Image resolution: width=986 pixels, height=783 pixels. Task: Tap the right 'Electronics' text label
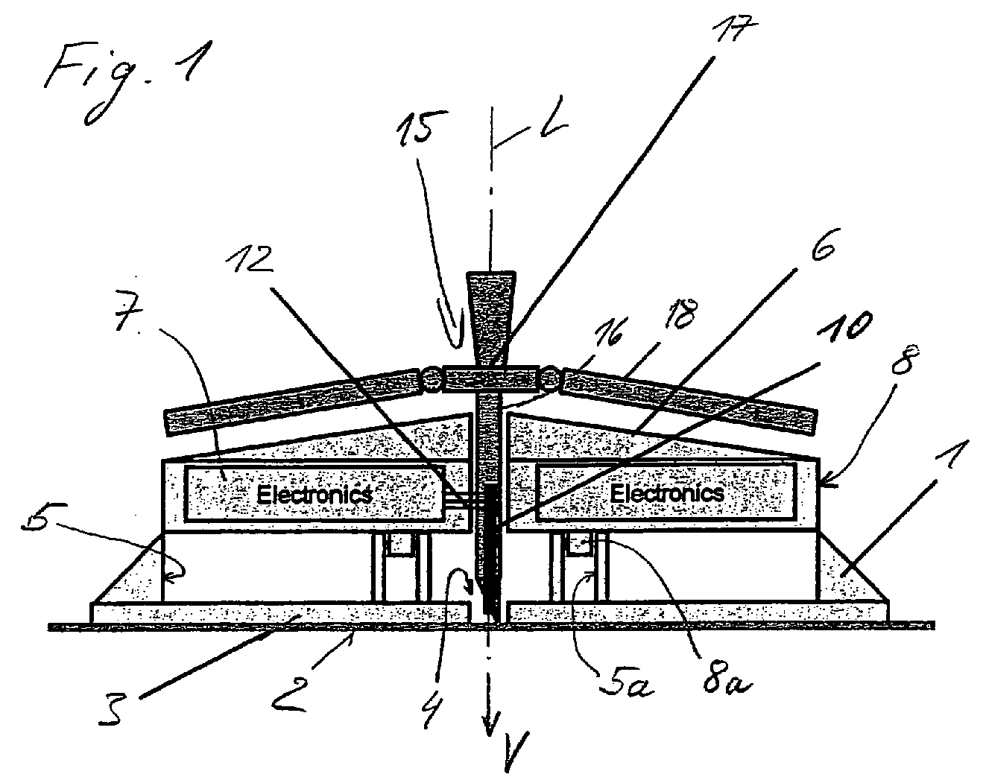point(667,492)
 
